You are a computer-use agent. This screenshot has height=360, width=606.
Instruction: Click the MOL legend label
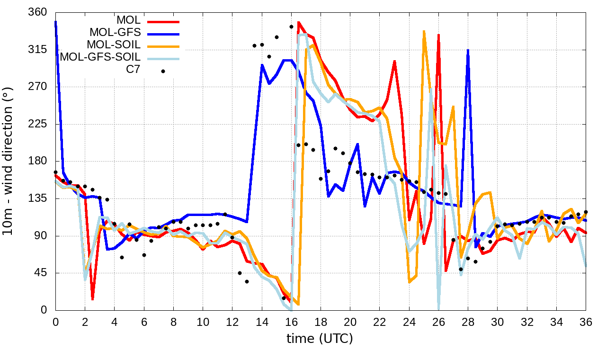point(128,20)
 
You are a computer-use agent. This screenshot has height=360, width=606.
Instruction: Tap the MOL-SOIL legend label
point(114,45)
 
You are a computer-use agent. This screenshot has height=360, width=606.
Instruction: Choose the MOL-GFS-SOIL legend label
point(100,57)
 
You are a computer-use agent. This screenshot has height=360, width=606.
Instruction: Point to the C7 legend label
point(133,70)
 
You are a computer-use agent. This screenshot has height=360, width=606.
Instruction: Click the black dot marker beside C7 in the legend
point(163,71)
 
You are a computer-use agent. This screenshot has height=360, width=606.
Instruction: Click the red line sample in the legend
point(163,21)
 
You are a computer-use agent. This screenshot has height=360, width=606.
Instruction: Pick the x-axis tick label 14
point(262,322)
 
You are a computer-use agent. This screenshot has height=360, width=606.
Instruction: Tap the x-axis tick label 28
point(468,322)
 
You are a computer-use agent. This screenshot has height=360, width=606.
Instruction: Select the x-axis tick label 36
point(586,322)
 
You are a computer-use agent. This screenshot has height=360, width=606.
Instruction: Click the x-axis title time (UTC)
point(320,339)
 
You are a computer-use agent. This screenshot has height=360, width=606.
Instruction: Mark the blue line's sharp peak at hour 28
point(468,50)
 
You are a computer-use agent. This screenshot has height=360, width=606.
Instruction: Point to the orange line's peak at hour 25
point(424,31)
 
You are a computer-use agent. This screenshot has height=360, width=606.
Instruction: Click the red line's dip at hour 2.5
point(92,299)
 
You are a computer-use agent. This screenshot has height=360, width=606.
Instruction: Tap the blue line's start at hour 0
point(56,21)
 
